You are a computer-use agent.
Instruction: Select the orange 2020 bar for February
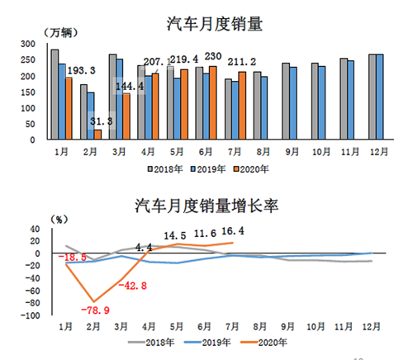(98, 135)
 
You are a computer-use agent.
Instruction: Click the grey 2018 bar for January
(55, 94)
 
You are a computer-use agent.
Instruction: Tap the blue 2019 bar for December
(380, 97)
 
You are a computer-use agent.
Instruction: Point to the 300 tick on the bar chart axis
(28, 44)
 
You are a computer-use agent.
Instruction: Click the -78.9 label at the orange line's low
(94, 310)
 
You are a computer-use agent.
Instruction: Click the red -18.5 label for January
(74, 258)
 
